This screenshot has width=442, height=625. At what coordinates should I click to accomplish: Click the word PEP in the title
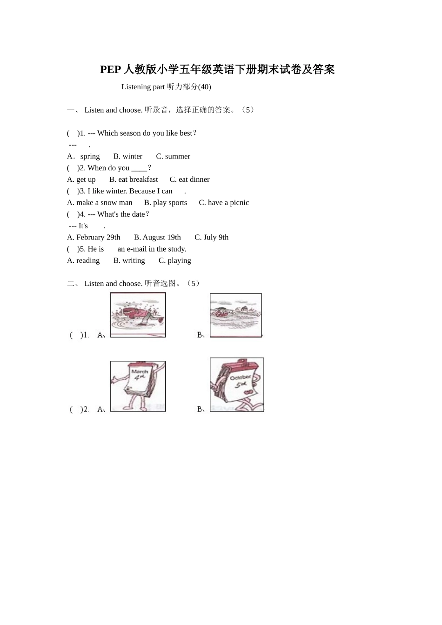(110, 69)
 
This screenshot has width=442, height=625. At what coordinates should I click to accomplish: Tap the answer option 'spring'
(90, 157)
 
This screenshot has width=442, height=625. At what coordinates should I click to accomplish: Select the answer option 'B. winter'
(128, 156)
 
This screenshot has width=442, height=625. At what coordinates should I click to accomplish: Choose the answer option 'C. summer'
(173, 156)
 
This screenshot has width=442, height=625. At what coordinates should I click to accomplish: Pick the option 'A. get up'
(81, 180)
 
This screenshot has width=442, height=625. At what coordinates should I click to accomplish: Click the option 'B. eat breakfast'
(134, 180)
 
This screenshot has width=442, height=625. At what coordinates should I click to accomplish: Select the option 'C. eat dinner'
(189, 180)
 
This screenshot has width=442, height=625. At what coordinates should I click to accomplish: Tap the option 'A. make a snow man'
(100, 203)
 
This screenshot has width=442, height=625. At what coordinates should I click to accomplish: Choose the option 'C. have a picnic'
(224, 203)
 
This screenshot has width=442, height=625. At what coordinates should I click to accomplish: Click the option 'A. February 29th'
(94, 238)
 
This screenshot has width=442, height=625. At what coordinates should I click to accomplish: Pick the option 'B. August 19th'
(157, 238)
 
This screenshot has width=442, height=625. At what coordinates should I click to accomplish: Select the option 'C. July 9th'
(211, 238)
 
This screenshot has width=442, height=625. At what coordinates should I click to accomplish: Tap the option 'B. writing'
(129, 260)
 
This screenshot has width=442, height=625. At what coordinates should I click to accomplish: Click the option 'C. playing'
(175, 260)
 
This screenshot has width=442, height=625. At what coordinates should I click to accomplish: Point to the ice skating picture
(138, 315)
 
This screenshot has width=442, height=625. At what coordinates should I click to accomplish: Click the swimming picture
(236, 315)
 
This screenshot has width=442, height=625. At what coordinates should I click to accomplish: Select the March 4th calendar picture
(138, 386)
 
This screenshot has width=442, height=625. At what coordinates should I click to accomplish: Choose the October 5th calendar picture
(237, 385)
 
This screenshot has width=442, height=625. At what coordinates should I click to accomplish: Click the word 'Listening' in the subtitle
(136, 87)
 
